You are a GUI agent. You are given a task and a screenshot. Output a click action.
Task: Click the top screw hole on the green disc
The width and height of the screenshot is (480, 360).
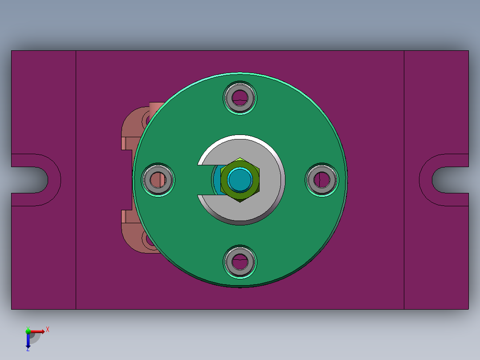240,98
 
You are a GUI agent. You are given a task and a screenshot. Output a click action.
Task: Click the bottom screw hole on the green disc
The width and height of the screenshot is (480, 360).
240,262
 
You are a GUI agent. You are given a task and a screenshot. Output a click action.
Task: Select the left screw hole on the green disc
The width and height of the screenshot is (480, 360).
158,180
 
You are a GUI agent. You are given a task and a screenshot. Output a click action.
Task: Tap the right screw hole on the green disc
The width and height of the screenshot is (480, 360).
322,180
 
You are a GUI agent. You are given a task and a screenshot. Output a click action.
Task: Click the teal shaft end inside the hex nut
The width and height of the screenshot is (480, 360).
240,180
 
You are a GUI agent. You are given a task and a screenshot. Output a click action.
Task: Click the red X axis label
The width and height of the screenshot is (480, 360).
48,330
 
